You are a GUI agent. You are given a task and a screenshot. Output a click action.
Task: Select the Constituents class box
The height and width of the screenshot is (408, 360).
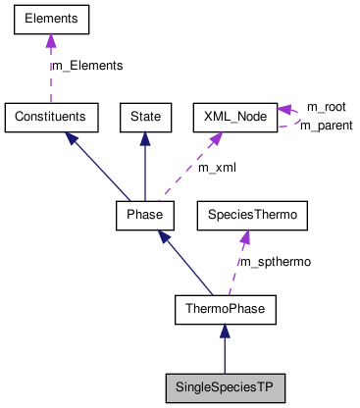coord(51,117)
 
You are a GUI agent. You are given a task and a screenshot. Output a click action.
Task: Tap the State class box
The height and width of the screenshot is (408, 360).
coord(145,117)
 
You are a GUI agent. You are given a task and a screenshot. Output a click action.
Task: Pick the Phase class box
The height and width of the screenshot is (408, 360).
coord(145,214)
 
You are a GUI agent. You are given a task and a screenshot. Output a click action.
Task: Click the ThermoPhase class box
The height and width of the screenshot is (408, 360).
coord(226,311)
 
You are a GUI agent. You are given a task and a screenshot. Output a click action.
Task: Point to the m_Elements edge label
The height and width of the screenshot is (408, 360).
coord(87,66)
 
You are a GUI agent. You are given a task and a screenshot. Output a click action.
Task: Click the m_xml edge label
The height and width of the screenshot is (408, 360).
coord(217,168)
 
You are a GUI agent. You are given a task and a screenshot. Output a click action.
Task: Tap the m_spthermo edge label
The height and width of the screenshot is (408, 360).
coord(276,263)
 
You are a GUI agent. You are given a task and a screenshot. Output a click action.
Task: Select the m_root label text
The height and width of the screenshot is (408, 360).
coord(326,106)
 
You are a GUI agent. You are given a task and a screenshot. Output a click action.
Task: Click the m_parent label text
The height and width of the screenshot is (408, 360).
coord(326,126)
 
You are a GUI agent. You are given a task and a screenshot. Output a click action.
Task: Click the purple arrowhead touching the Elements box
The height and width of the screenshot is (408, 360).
coord(51,40)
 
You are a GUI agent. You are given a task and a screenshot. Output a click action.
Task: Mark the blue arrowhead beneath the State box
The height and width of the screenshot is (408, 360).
coord(145,138)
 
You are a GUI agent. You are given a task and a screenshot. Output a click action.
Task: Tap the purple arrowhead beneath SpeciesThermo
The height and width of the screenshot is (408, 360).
coord(243,235)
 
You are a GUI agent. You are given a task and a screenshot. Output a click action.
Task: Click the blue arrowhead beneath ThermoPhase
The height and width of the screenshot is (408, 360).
coord(226,332)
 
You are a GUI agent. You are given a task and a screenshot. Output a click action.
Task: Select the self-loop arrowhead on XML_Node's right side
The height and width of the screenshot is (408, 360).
coord(283,110)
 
